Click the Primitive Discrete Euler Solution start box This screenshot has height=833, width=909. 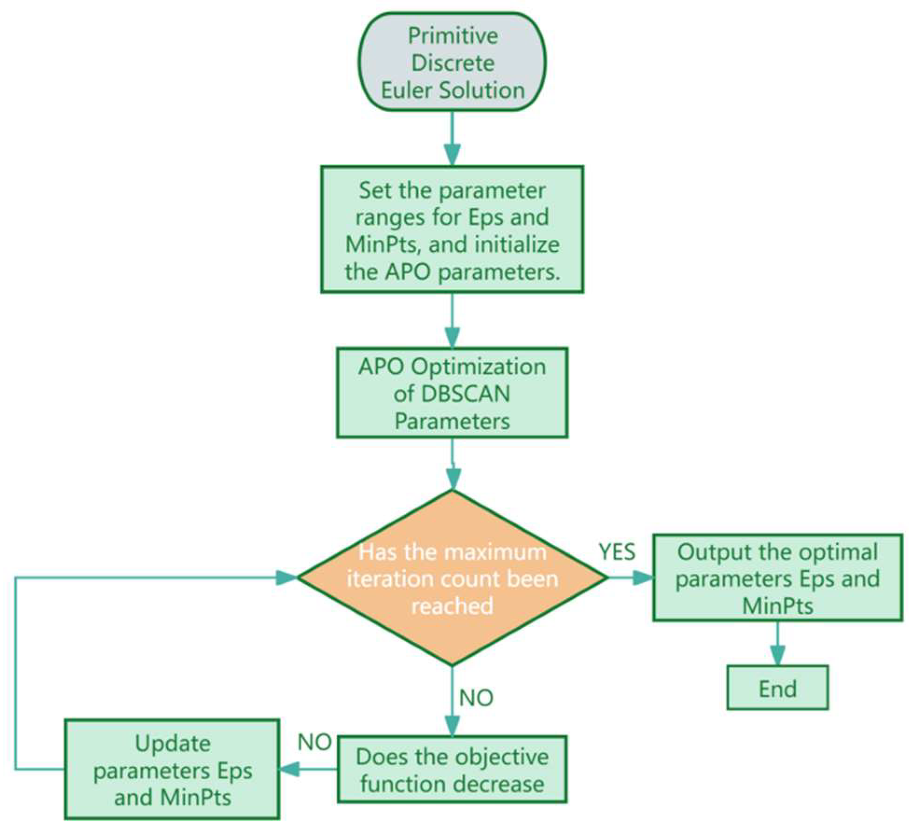click(x=452, y=62)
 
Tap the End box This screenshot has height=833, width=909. click(x=777, y=688)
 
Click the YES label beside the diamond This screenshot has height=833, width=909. click(x=617, y=552)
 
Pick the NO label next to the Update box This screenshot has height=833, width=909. click(x=314, y=742)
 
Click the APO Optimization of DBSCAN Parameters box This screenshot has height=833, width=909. click(x=452, y=393)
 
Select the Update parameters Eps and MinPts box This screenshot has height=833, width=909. click(x=172, y=770)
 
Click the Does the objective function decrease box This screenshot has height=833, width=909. click(x=452, y=770)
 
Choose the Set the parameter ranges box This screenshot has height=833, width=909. click(x=452, y=230)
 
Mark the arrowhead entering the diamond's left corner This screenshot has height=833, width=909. click(x=285, y=578)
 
